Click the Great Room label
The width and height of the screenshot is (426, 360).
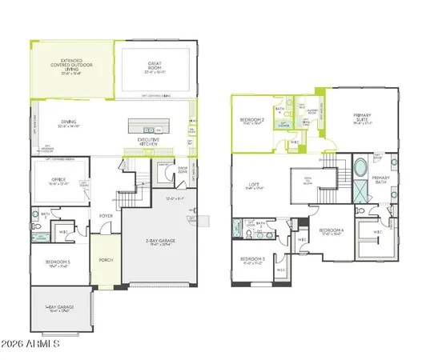point(155,66)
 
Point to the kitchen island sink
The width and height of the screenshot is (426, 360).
point(148,129)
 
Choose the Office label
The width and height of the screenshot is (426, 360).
point(59,180)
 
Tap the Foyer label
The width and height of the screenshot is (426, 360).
point(105,216)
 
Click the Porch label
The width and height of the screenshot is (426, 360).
point(105,260)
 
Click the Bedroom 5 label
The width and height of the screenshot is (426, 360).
point(58,263)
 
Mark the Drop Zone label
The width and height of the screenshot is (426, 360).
point(182,170)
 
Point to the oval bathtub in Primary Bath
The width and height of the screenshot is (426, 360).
point(360,169)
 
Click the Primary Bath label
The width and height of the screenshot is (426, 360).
point(381,180)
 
